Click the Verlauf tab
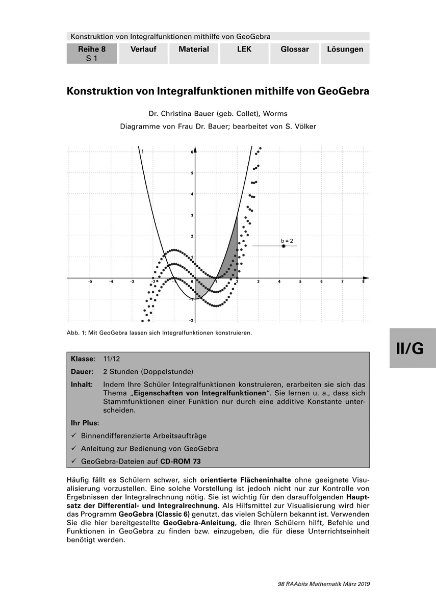pos(143,49)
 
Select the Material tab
pos(194,49)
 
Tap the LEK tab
pos(244,49)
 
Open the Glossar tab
pos(295,49)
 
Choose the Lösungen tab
pos(345,49)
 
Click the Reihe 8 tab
pos(92,53)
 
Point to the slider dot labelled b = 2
pos(284,246)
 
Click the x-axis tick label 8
pos(363,282)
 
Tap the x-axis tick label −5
pos(90,282)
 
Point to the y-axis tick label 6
pos(192,152)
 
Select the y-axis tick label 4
pos(192,194)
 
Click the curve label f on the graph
pos(142,151)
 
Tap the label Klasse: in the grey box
pos(83,359)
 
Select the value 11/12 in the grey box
pos(112,359)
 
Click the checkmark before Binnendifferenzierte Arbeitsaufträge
pos(74,436)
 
